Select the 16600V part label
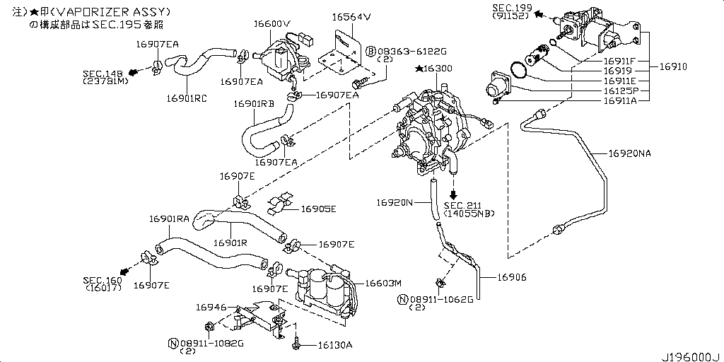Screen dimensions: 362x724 click(x=272, y=23)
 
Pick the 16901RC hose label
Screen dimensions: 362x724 click(x=187, y=98)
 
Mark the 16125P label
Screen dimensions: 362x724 click(x=621, y=91)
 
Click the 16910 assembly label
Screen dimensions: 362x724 click(x=672, y=66)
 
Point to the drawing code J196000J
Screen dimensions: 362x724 click(x=690, y=354)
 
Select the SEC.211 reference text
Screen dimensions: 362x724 click(x=462, y=206)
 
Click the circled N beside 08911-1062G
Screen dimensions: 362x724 click(x=402, y=299)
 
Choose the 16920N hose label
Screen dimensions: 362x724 click(x=395, y=202)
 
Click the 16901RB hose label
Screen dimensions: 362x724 click(x=254, y=103)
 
